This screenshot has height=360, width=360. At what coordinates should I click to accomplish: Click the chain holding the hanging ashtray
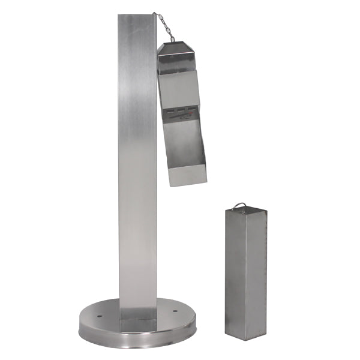(x=163, y=28)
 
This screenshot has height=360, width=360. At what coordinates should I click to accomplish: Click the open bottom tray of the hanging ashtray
(x=186, y=174)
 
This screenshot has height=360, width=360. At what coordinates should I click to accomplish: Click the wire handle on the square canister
(x=240, y=206)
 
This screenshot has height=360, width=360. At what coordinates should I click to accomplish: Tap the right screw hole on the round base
(x=175, y=311)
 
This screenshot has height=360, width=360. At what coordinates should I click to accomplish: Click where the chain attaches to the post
(x=154, y=14)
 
